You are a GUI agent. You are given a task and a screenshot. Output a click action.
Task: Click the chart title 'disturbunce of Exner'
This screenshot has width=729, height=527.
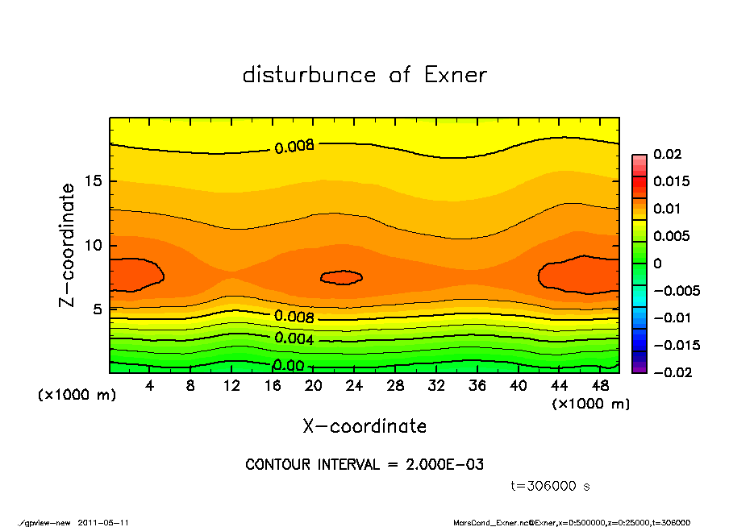coord(364,75)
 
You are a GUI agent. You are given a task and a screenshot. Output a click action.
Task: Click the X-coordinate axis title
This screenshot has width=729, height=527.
coord(364,425)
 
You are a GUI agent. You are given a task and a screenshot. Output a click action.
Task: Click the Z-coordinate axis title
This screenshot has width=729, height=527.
coord(68,244)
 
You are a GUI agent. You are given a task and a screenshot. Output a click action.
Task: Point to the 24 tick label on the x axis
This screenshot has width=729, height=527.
coord(355,386)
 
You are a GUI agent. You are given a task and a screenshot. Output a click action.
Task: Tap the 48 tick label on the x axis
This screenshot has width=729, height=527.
coord(601,386)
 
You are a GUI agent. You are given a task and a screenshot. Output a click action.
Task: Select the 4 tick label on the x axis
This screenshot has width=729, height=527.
coord(150,386)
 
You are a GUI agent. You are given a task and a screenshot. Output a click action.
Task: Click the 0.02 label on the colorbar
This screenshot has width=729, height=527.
coord(669,154)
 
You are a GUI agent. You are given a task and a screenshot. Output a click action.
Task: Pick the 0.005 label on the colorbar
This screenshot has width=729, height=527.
coord(671,236)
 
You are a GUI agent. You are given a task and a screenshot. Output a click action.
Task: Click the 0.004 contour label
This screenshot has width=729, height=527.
coord(294,338)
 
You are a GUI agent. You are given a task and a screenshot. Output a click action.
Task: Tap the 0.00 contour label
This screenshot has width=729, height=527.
coord(289,366)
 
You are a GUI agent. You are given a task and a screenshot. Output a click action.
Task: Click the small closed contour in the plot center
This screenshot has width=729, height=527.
coord(341,277)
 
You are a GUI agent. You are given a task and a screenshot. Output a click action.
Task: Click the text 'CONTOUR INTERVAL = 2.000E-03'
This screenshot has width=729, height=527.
coord(364,465)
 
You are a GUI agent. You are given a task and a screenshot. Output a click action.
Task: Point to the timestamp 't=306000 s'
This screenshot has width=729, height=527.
coord(551,486)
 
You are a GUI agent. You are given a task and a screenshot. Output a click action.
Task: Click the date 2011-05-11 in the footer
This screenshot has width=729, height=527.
coord(104,522)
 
